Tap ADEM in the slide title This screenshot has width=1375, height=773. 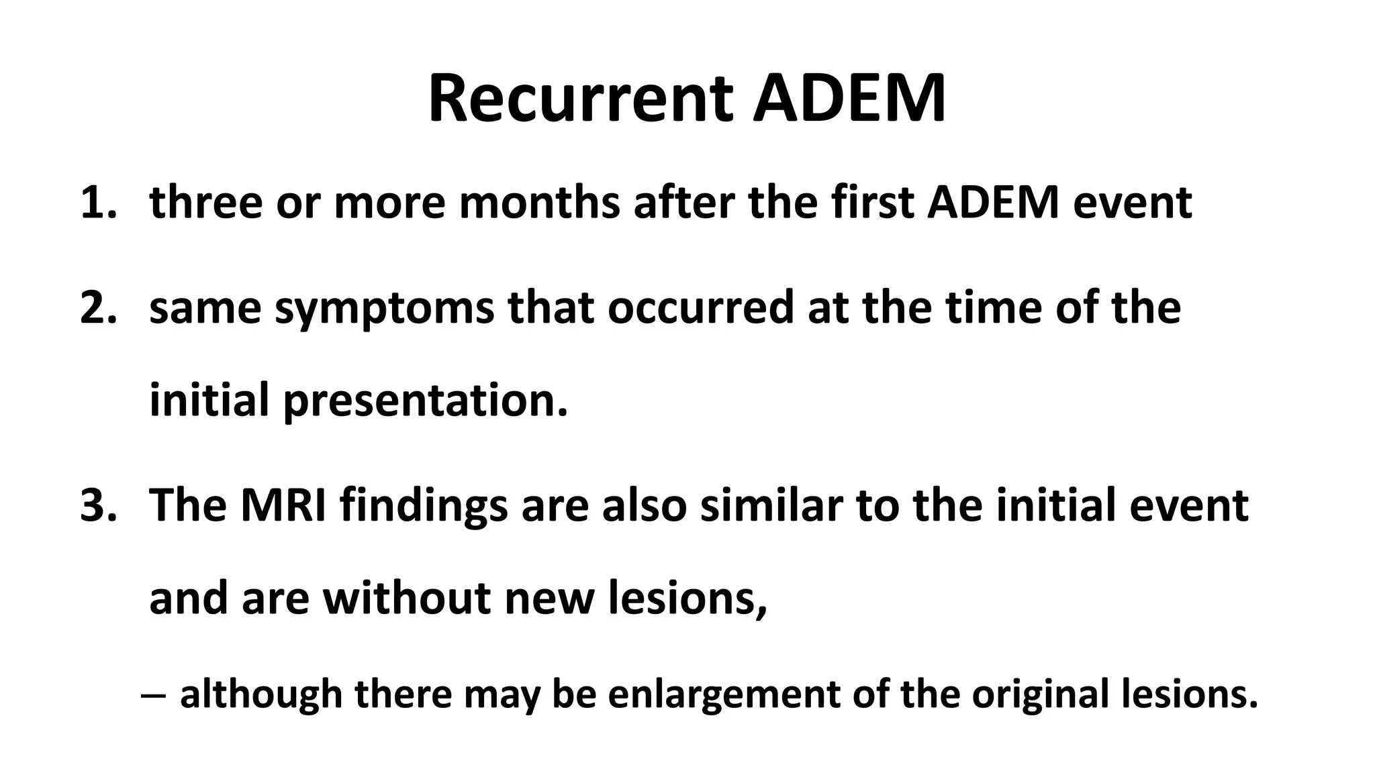[x=849, y=99]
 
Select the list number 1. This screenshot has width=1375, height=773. [x=97, y=203]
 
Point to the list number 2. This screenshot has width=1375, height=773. [x=97, y=308]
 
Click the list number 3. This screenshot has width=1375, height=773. [x=97, y=505]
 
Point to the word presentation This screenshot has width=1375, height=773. [x=425, y=401]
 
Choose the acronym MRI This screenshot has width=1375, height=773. [x=284, y=505]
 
